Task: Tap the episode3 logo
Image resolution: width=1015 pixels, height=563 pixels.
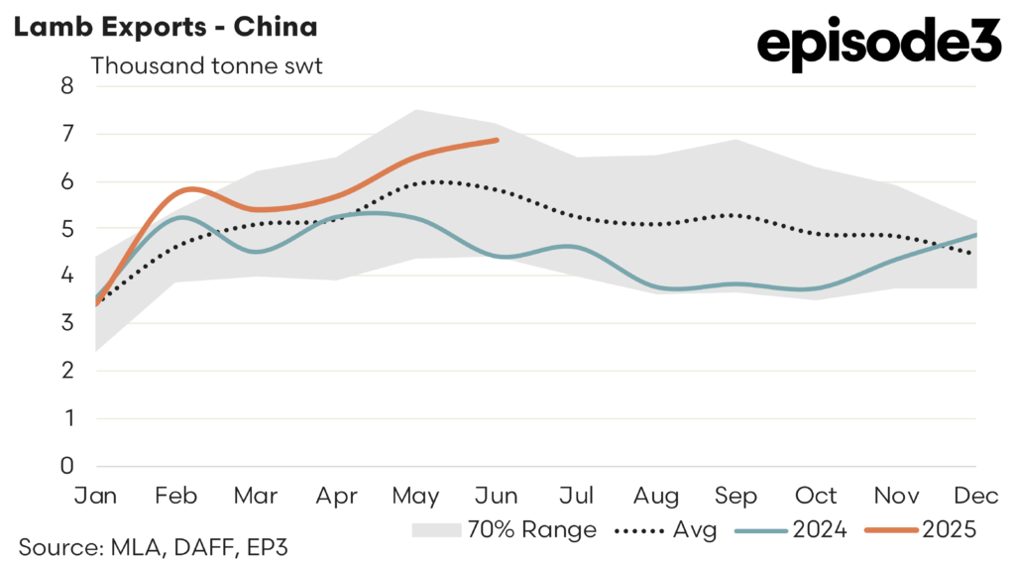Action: (879, 46)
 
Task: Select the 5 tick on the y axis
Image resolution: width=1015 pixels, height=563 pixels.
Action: (67, 228)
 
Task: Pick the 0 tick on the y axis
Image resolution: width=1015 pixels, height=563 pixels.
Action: (67, 466)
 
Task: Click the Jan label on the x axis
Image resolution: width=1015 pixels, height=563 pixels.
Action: (96, 495)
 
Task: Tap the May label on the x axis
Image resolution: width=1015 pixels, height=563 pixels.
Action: (416, 495)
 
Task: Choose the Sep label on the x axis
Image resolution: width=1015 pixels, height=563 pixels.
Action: (736, 495)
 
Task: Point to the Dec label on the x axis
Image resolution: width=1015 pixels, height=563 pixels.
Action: (975, 495)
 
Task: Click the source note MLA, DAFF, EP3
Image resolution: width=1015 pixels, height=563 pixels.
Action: (153, 544)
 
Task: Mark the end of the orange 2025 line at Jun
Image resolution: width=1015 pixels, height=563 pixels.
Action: (497, 141)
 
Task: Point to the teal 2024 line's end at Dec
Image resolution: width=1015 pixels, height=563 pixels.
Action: (976, 235)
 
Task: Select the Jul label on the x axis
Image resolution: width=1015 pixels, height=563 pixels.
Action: (577, 495)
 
